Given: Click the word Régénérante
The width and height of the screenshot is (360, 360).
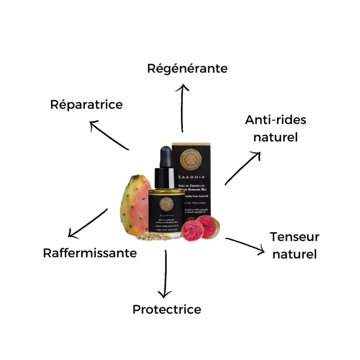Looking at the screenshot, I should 187,68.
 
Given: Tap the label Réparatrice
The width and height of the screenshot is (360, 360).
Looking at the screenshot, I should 86,104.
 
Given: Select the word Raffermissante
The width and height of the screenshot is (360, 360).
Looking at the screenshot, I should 90,253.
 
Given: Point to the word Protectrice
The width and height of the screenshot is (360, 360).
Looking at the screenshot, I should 166,309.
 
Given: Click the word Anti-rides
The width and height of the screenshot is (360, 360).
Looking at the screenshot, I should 276,120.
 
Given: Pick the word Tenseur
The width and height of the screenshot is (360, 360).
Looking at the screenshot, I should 294,237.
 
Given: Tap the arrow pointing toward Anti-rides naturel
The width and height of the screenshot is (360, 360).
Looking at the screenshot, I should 243,168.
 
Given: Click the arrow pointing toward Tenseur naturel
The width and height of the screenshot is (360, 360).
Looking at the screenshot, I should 245,246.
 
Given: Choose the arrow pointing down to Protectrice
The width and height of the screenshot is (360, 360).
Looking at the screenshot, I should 165,274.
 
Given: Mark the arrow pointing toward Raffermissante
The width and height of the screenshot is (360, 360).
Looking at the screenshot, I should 88,223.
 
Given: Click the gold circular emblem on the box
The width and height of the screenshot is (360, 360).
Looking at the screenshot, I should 191,158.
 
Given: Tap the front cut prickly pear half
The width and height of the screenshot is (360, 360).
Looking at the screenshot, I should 193,229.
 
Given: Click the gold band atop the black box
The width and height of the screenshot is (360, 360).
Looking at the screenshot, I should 191,145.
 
